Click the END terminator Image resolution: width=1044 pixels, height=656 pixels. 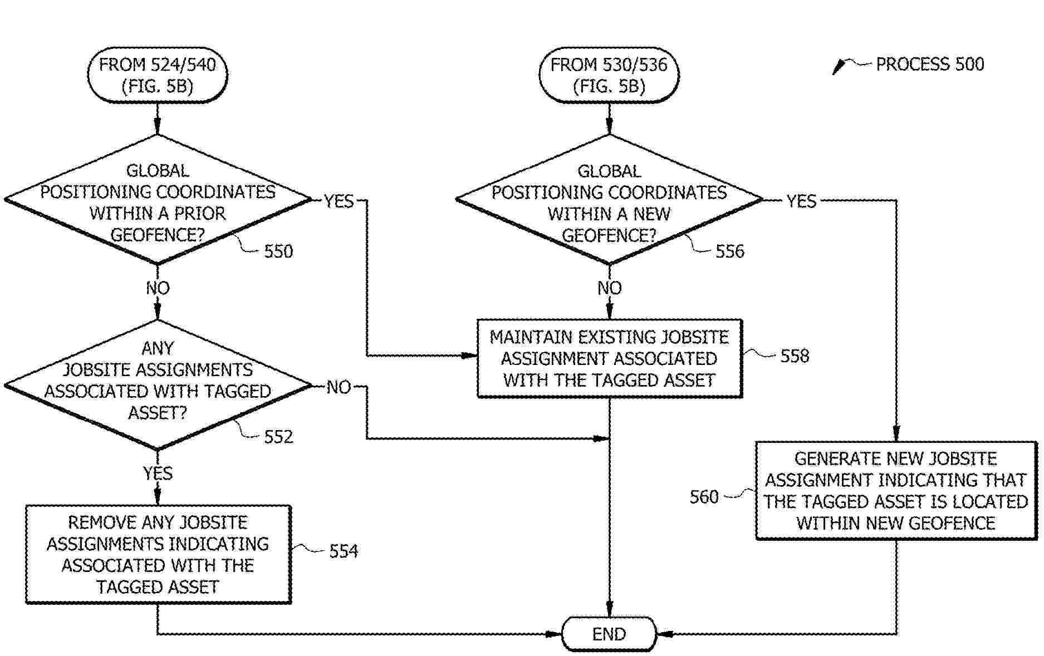609,634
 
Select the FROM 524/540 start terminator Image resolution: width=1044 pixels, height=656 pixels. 158,75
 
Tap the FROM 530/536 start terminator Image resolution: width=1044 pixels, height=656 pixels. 609,75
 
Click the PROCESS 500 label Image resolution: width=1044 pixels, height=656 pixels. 929,65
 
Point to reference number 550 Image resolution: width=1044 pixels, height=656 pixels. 278,251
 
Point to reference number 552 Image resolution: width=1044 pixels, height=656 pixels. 278,437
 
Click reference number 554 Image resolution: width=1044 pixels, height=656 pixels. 344,551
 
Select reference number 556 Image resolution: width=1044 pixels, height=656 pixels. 729,251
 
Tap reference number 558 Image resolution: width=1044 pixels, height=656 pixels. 795,356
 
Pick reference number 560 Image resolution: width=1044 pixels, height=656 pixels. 704,496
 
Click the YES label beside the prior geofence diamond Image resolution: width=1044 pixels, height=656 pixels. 339,201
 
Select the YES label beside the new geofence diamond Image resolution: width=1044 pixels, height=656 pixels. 801,201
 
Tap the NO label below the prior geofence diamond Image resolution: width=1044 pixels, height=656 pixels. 158,288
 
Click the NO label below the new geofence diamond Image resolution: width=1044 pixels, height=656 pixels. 609,288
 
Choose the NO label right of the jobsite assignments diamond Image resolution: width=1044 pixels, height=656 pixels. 339,387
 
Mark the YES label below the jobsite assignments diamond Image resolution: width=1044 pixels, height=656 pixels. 158,473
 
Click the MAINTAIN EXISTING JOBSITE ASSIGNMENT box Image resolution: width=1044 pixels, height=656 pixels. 609,358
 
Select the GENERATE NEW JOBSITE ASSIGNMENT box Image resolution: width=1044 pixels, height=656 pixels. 895,491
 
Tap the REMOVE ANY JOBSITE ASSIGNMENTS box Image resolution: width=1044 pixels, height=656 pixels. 158,554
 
